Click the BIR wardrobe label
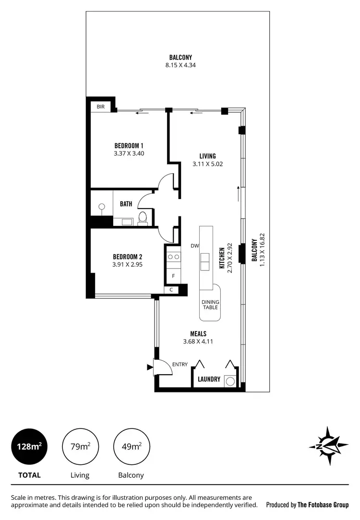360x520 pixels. pos(101,106)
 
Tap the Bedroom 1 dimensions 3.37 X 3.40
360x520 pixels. pos(129,154)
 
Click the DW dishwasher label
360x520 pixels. pos(194,246)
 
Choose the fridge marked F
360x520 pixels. pos(173,276)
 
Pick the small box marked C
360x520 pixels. pos(171,290)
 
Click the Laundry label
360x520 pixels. pos(209,379)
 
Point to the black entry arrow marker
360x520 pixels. pos(150,368)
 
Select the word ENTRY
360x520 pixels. pos(180,365)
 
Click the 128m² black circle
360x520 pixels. pos(29,447)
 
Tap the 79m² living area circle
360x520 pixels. pos(80,447)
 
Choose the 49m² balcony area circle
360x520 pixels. pos(131,447)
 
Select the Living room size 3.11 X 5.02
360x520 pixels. pos(208,164)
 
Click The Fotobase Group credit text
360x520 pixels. pos(307,505)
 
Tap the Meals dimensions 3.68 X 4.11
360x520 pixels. pos(197,342)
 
